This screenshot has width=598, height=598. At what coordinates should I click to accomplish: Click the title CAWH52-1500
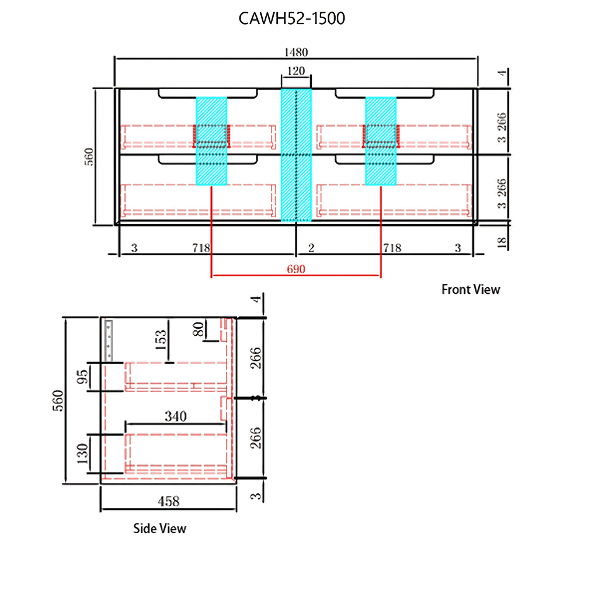(292, 18)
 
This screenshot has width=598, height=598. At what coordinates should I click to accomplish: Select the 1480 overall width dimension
(296, 52)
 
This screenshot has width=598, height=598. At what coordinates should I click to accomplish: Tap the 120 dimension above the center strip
(296, 71)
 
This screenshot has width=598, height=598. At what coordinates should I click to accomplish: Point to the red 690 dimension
(296, 269)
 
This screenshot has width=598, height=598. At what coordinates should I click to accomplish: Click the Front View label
(471, 290)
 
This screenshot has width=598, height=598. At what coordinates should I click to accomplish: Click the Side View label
(160, 529)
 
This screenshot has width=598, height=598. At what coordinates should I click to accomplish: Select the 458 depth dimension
(169, 501)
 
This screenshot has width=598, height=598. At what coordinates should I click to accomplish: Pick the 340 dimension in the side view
(175, 416)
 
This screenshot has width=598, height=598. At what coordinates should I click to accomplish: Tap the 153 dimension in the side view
(161, 340)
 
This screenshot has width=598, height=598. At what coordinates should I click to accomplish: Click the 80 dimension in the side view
(199, 329)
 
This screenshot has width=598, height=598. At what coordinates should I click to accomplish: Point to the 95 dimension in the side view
(82, 377)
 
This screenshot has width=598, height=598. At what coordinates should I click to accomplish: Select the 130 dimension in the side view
(82, 453)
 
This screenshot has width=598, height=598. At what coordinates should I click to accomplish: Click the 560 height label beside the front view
(89, 157)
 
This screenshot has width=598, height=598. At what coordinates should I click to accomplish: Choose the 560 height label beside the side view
(58, 401)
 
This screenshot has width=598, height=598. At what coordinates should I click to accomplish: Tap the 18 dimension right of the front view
(502, 242)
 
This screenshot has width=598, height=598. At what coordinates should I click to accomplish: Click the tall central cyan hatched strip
(296, 155)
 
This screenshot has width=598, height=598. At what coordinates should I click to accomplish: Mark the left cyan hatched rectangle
(211, 141)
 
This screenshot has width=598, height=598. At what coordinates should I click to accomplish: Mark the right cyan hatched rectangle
(381, 141)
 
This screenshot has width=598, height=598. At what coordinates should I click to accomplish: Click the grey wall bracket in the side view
(109, 340)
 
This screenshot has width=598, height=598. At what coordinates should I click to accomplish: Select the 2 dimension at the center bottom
(311, 248)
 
